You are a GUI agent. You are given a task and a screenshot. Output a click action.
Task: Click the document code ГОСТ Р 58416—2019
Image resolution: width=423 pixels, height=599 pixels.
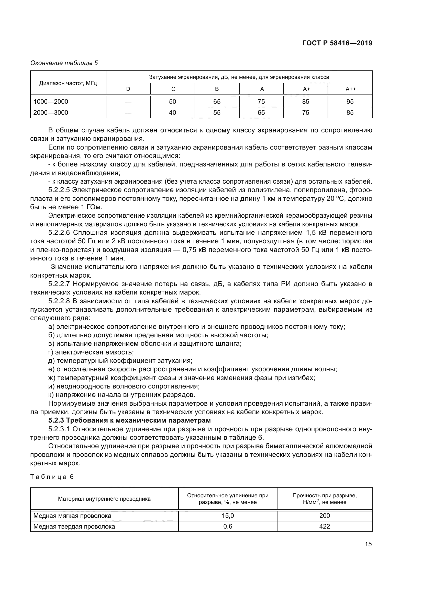click(337, 43)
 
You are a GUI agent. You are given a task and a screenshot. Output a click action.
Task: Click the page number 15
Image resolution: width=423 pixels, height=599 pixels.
click(368, 544)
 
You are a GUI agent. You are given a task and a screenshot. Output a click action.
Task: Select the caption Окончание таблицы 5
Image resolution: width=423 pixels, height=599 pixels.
click(64, 63)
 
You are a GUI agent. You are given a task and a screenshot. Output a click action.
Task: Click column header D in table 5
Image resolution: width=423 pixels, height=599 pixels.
click(128, 89)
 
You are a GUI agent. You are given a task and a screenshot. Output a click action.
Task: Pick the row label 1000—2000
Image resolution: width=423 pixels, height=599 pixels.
click(51, 101)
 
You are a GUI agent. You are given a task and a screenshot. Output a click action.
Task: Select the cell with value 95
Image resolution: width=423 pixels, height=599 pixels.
click(350, 101)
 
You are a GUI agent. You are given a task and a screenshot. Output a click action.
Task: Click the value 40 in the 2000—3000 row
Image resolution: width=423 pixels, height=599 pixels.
click(172, 112)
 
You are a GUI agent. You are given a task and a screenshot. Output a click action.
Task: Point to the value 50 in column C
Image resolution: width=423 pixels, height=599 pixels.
click(172, 101)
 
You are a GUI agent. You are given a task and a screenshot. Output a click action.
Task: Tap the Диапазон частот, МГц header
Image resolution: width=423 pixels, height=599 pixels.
click(68, 83)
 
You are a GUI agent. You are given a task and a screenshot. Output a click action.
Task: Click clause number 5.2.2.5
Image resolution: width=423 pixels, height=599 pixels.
click(59, 190)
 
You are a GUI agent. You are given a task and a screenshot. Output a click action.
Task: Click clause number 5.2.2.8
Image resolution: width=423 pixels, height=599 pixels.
click(59, 301)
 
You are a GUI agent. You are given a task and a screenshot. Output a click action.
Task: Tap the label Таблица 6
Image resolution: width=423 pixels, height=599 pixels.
click(52, 477)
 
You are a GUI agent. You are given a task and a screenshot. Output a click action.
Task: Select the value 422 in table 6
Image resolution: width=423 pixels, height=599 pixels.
click(324, 526)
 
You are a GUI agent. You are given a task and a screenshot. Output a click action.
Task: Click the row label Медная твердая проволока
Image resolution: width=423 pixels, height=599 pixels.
click(74, 526)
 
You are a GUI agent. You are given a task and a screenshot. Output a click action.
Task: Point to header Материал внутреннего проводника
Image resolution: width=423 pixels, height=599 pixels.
click(104, 499)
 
